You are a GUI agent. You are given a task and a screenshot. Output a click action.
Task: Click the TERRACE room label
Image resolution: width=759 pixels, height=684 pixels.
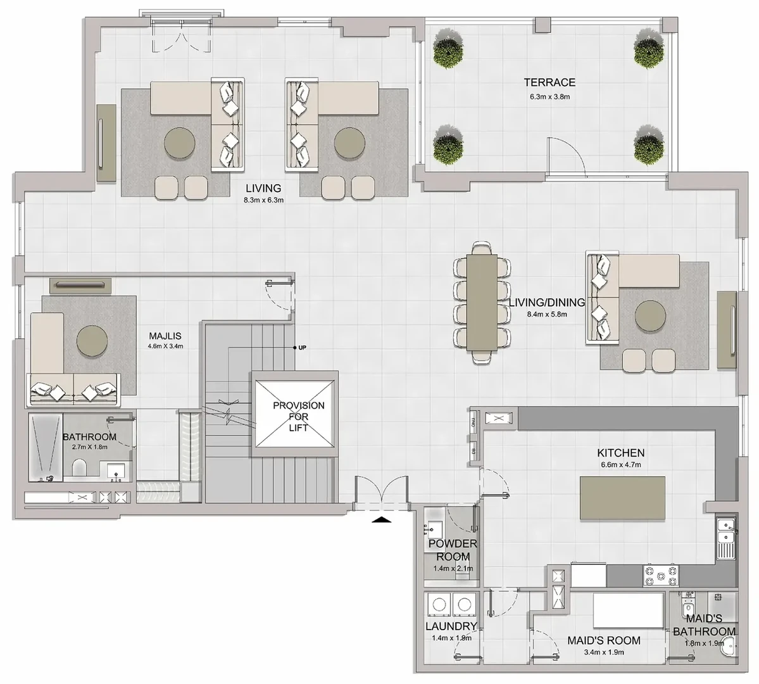click(x=549, y=82)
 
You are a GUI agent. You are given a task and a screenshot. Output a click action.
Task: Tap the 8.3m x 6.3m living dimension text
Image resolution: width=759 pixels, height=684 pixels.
click(x=264, y=199)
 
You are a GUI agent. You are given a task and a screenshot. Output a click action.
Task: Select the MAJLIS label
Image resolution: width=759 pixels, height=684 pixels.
click(x=165, y=336)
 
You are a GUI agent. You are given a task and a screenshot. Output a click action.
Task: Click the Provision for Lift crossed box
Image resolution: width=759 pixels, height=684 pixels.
click(x=294, y=414)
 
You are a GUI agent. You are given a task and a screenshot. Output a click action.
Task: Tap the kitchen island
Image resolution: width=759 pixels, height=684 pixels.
click(x=622, y=498)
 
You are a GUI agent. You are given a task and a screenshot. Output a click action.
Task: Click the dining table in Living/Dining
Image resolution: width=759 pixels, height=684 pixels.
click(x=482, y=303)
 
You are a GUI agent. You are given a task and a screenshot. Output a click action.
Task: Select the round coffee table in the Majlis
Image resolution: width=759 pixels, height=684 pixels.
click(x=92, y=341)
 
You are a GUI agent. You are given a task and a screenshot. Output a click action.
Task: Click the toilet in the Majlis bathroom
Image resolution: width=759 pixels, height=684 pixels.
click(x=79, y=468)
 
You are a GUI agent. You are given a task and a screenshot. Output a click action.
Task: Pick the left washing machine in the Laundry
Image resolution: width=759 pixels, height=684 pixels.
click(x=439, y=605)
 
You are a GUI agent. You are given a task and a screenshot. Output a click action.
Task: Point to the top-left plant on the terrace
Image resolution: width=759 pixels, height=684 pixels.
click(x=448, y=49)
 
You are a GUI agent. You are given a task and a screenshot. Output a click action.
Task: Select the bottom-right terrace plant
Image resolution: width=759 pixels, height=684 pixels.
click(x=649, y=145)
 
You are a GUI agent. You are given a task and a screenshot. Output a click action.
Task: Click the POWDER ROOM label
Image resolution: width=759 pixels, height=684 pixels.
click(x=453, y=550)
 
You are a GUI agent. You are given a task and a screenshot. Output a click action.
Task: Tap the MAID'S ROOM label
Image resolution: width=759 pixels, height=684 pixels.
click(x=604, y=640)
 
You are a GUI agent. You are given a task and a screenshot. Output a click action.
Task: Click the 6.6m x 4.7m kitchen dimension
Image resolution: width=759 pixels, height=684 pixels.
click(x=621, y=465)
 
